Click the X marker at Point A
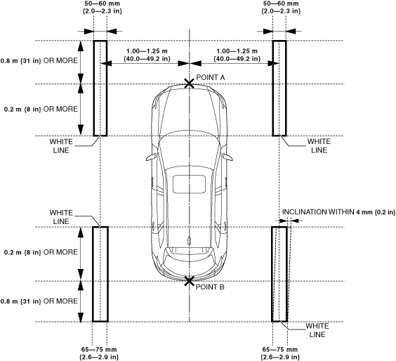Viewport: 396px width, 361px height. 189,84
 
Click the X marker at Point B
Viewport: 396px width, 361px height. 189,281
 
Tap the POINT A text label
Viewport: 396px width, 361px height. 211,77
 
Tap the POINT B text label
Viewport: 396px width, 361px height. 210,287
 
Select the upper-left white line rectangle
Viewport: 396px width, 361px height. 94,88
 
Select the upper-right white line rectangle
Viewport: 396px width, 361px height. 272,88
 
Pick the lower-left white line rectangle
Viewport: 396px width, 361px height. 93,274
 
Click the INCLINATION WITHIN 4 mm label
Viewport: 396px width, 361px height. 338,212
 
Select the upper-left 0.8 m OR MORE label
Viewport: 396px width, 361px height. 39,60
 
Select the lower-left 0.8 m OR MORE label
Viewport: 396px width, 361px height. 39,301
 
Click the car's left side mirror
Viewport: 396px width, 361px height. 151,157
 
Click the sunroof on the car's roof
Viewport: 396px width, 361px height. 189,184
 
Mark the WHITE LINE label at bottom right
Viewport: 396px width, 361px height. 317,330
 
